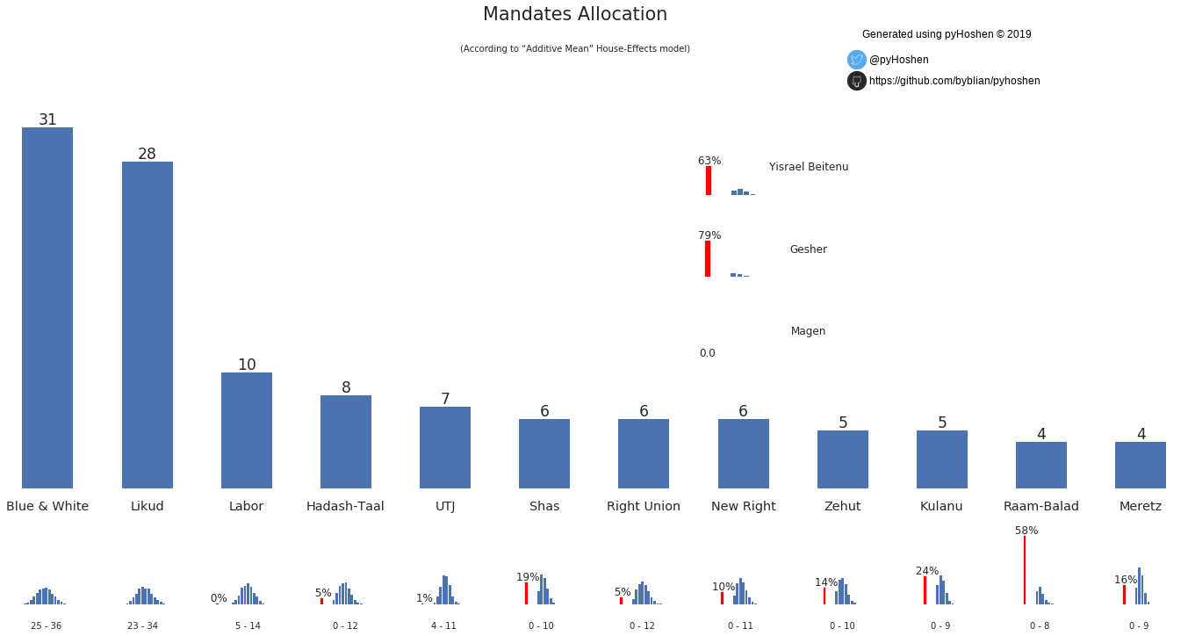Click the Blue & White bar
pyautogui.click(x=47, y=307)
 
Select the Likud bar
pyautogui.click(x=147, y=325)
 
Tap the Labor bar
pyautogui.click(x=246, y=430)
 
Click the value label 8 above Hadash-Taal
pyautogui.click(x=346, y=387)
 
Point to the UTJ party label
pyautogui.click(x=445, y=507)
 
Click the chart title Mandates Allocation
pyautogui.click(x=575, y=15)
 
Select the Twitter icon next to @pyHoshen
pyautogui.click(x=857, y=60)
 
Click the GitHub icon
pyautogui.click(x=857, y=81)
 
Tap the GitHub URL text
pyautogui.click(x=954, y=81)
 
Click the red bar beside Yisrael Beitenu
pyautogui.click(x=709, y=181)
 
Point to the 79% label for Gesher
pyautogui.click(x=709, y=235)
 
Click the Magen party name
pyautogui.click(x=808, y=331)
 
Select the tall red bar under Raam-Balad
pyautogui.click(x=1024, y=570)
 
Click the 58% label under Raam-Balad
pyautogui.click(x=1026, y=531)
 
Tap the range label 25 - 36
pyautogui.click(x=46, y=625)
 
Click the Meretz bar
pyautogui.click(x=1140, y=465)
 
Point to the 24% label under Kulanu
pyautogui.click(x=927, y=571)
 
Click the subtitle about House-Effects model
pyautogui.click(x=575, y=49)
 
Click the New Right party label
pyautogui.click(x=743, y=507)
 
